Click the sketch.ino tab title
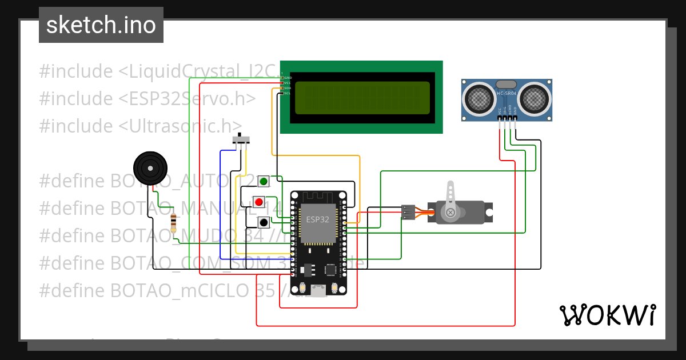tap(101, 26)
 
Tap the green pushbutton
tap(264, 182)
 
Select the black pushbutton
tap(264, 222)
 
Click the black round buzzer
tap(150, 168)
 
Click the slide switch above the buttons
tap(242, 139)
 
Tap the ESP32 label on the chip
tap(317, 219)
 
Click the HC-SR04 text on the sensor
tap(506, 93)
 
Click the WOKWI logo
tap(607, 315)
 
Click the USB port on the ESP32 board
tap(318, 289)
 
